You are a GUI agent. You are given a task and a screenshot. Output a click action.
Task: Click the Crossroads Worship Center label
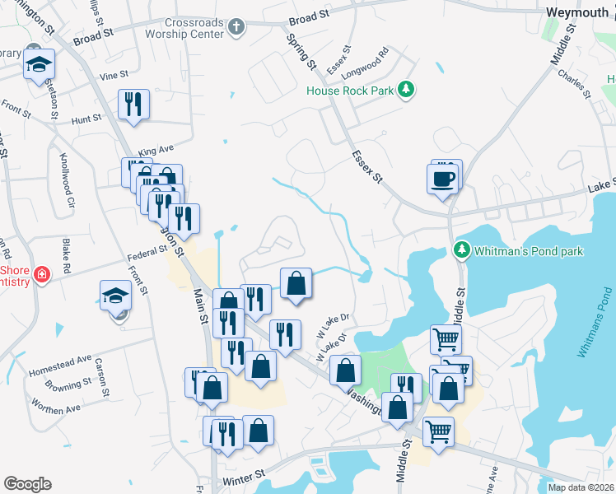pyautogui.click(x=182, y=29)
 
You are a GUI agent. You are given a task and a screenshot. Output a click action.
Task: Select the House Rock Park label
pyautogui.click(x=350, y=91)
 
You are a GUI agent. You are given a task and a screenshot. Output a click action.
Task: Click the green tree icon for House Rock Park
pyautogui.click(x=405, y=89)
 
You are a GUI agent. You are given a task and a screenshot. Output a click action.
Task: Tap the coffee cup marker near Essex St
pyautogui.click(x=442, y=177)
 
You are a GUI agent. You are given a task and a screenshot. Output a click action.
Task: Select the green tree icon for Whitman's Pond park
pyautogui.click(x=462, y=249)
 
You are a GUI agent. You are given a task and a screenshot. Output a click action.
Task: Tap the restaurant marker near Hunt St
pyautogui.click(x=133, y=105)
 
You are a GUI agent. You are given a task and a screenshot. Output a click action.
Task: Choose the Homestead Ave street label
pyautogui.click(x=60, y=362)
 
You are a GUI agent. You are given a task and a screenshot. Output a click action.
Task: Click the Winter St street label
pyautogui.click(x=243, y=476)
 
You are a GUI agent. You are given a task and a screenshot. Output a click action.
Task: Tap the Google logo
pyautogui.click(x=27, y=484)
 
